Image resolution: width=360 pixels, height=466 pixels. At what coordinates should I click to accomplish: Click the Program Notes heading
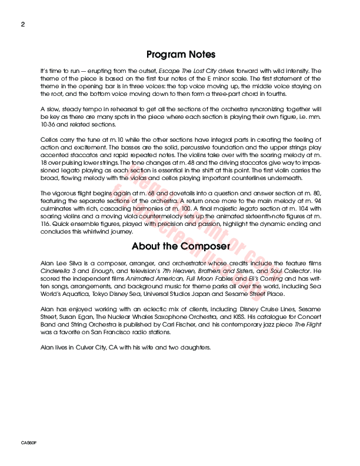tap(181, 55)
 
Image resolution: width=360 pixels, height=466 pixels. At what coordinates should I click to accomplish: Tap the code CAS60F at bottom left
tap(28, 441)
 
